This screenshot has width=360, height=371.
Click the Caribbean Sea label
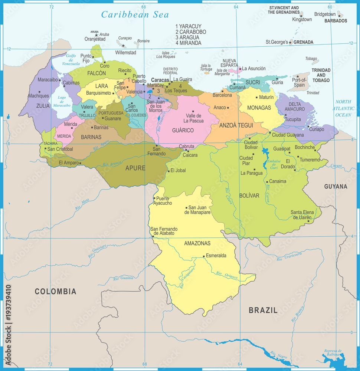[x=135, y=14]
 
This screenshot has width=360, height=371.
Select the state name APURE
[x=135, y=168]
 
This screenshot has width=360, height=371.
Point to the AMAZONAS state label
[x=197, y=243]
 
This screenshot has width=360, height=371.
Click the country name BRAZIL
[x=263, y=311]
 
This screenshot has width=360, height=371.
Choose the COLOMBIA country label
[x=55, y=291]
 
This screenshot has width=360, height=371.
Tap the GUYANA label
[x=336, y=186]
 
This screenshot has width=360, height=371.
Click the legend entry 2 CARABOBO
[x=191, y=32]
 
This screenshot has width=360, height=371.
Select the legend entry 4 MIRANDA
[x=188, y=43]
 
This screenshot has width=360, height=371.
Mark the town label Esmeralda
[x=216, y=256]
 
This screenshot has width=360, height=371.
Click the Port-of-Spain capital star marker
[x=297, y=77]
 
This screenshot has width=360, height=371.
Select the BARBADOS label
[x=336, y=21]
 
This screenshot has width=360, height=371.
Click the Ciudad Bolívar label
[x=251, y=145]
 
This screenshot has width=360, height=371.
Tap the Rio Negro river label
[x=278, y=354]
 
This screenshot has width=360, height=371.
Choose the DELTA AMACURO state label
[x=295, y=106]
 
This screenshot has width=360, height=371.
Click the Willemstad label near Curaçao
[x=126, y=53]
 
